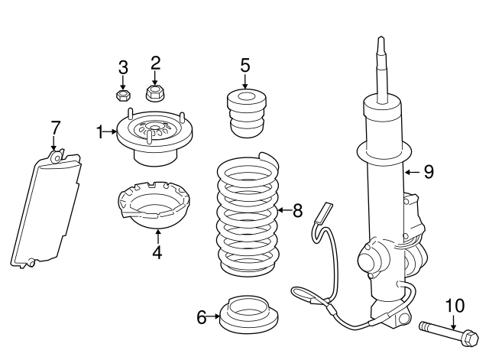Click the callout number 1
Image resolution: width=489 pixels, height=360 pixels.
pyautogui.click(x=100, y=132)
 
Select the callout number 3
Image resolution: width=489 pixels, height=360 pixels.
pyautogui.click(x=123, y=67)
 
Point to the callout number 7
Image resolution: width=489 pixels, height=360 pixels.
pyautogui.click(x=54, y=127)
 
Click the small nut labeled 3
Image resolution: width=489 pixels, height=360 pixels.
pyautogui.click(x=121, y=96)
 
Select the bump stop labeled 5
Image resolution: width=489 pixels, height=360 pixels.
pyautogui.click(x=244, y=114)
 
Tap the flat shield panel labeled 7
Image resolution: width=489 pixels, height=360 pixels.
pyautogui.click(x=48, y=208)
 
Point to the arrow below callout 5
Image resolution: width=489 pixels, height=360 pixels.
pyautogui.click(x=245, y=83)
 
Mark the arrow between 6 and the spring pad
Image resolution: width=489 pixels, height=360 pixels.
pyautogui.click(x=215, y=316)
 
